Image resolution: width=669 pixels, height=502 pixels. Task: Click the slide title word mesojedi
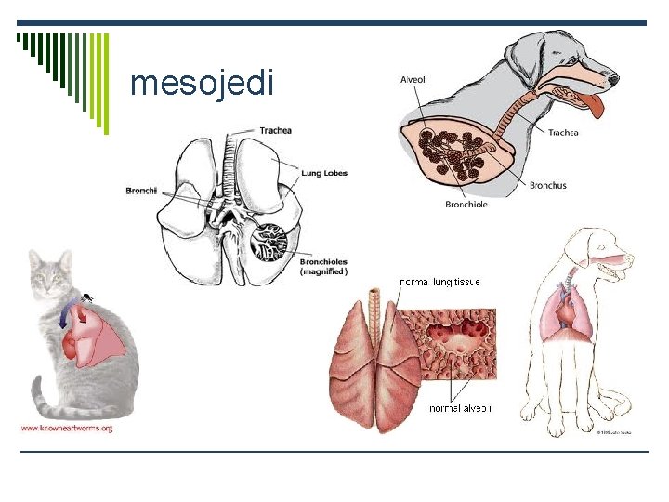(x=203, y=84)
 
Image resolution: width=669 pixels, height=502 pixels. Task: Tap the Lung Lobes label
(x=323, y=173)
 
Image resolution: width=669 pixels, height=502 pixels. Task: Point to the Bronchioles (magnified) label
(x=323, y=267)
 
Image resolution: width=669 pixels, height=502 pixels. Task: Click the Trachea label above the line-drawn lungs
(x=275, y=130)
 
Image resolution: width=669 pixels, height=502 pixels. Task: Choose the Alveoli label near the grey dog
(x=413, y=81)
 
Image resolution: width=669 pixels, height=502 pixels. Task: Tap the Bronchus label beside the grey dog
(x=547, y=186)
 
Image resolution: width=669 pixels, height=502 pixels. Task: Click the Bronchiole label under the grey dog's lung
(x=466, y=205)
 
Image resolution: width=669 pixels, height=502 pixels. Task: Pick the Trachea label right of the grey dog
(x=563, y=133)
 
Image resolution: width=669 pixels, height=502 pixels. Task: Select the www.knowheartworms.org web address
(x=67, y=428)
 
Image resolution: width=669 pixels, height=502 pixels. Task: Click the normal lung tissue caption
(x=439, y=282)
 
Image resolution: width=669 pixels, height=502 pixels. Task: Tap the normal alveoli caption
(x=460, y=408)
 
